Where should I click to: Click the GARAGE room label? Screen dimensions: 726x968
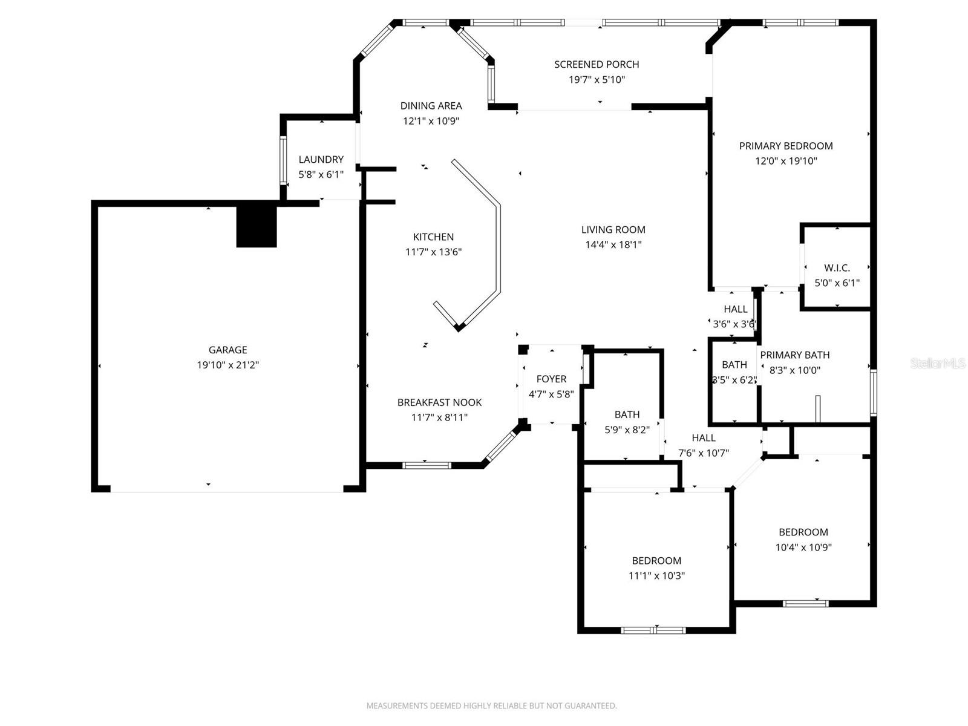pyautogui.click(x=227, y=350)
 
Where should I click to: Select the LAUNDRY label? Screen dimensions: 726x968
pyautogui.click(x=321, y=159)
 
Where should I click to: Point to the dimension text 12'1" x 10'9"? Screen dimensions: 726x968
pyautogui.click(x=431, y=121)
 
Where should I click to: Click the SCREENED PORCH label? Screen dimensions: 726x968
pyautogui.click(x=597, y=64)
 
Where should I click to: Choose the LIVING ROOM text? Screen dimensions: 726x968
pyautogui.click(x=613, y=229)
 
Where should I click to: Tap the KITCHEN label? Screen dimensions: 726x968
pyautogui.click(x=433, y=237)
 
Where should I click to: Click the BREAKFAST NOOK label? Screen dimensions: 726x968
pyautogui.click(x=439, y=402)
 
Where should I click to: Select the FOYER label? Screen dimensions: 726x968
pyautogui.click(x=551, y=379)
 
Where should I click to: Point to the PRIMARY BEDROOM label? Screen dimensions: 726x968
pyautogui.click(x=786, y=146)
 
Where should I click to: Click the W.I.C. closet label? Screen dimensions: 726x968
pyautogui.click(x=837, y=267)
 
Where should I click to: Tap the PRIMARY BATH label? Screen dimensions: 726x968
pyautogui.click(x=794, y=355)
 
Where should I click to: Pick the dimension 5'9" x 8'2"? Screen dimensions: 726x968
pyautogui.click(x=627, y=430)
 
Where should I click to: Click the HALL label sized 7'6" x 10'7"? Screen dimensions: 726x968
pyautogui.click(x=704, y=437)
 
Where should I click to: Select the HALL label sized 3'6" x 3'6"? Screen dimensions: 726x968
pyautogui.click(x=735, y=309)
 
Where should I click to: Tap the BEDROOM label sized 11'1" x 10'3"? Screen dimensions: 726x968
pyautogui.click(x=656, y=561)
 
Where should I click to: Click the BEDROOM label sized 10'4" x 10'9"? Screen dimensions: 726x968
pyautogui.click(x=803, y=532)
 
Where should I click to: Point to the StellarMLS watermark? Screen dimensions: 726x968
pyautogui.click(x=937, y=363)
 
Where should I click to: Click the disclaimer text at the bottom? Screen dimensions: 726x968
pyautogui.click(x=491, y=705)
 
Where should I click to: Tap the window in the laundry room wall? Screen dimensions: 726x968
pyautogui.click(x=283, y=160)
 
